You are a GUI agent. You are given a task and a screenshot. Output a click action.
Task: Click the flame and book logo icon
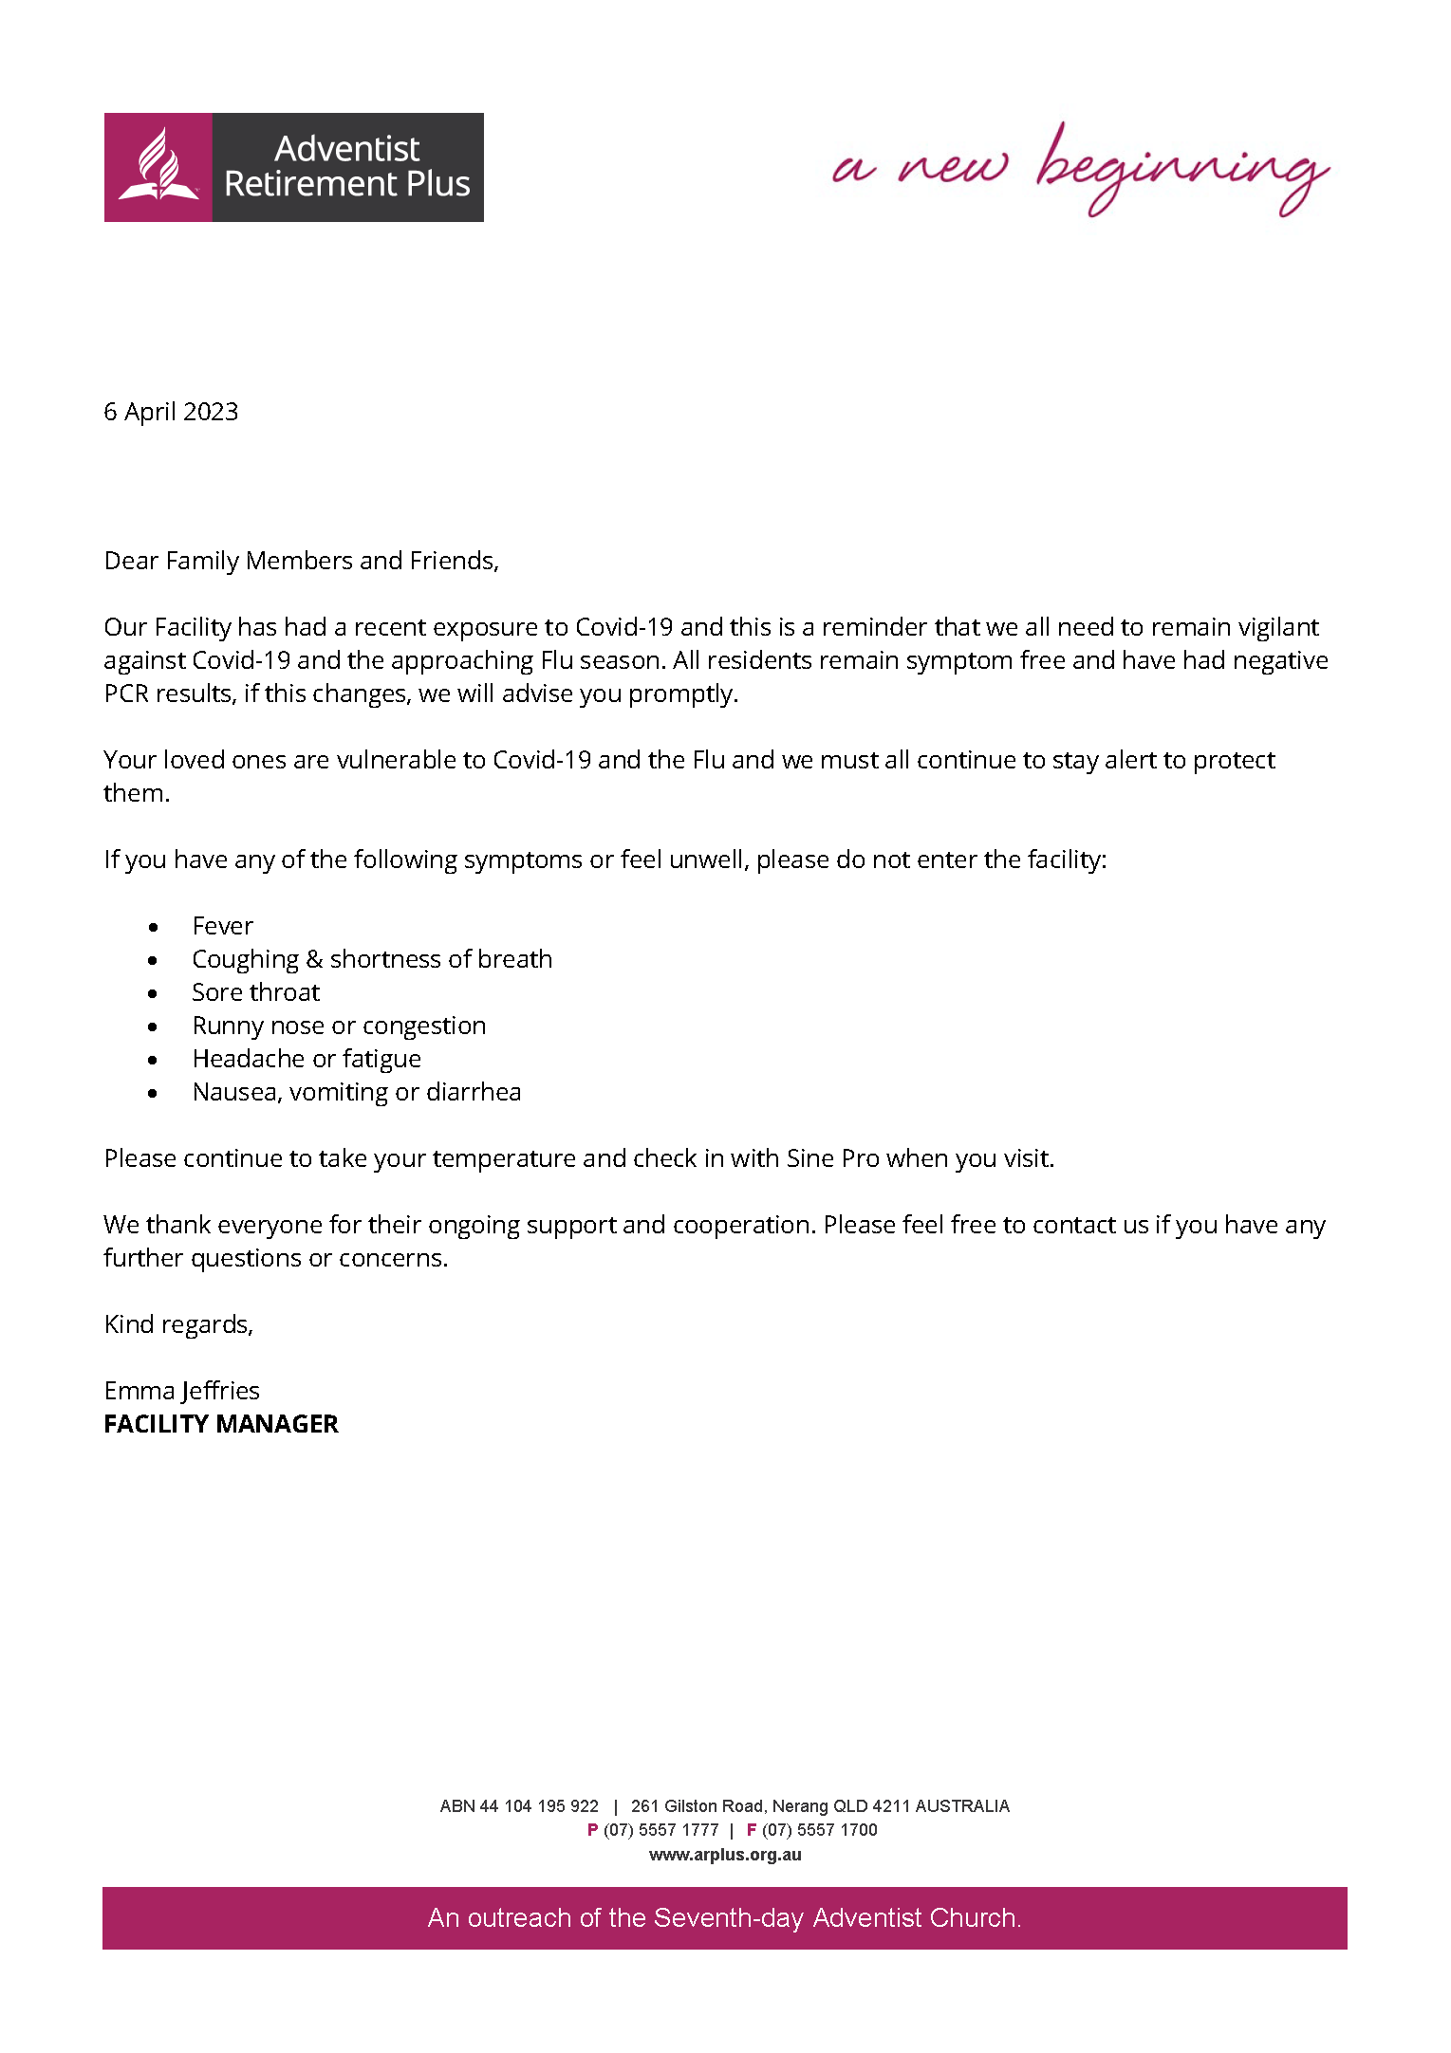[x=158, y=167]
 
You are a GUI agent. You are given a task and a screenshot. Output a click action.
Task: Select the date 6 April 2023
[x=171, y=412]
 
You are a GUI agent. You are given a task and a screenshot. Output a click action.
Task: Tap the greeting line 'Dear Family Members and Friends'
[x=301, y=561]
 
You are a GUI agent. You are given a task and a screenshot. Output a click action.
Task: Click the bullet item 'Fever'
[x=222, y=926]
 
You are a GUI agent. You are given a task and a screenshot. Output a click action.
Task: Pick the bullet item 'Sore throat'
[x=255, y=992]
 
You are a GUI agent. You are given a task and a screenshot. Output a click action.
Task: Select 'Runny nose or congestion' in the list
[x=339, y=1026]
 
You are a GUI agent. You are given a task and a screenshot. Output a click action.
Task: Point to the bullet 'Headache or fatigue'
[x=307, y=1059]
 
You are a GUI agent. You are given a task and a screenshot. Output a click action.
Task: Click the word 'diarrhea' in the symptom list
[x=474, y=1092]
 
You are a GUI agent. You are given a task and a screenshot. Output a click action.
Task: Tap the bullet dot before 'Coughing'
[x=153, y=960]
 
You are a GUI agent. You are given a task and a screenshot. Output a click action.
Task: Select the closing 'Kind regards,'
[x=178, y=1324]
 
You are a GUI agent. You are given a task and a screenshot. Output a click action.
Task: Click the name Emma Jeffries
[x=181, y=1391]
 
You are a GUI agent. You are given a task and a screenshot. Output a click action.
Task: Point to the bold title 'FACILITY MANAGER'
[x=220, y=1424]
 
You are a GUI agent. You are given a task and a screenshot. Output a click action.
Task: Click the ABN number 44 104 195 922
[x=539, y=1806]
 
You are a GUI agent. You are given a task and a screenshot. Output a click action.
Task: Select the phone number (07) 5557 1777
[x=660, y=1830]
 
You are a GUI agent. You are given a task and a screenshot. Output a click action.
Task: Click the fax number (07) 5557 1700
[x=819, y=1830]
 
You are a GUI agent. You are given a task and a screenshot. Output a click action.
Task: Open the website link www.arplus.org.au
[x=725, y=1855]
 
